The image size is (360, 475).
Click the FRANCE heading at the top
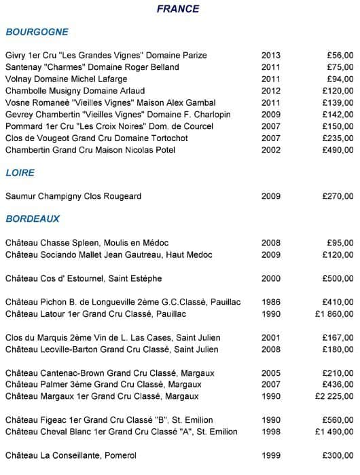[178, 9]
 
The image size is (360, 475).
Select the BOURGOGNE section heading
[37, 32]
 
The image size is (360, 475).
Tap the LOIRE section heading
[20, 173]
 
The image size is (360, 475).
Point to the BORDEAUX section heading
[33, 219]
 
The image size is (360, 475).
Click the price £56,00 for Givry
[339, 56]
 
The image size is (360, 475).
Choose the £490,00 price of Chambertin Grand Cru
[337, 150]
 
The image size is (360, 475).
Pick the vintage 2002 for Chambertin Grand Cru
[270, 150]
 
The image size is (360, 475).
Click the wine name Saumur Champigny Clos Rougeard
[73, 196]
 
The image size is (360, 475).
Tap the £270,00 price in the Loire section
[337, 196]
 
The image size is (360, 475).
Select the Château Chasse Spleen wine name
[87, 243]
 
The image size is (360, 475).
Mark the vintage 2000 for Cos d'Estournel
[270, 279]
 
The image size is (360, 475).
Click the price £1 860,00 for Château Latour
[334, 314]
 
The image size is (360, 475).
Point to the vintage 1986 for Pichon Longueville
[270, 302]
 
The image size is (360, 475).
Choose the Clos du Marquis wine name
[113, 338]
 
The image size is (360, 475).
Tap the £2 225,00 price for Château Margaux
[334, 396]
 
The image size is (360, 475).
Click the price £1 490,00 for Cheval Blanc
[334, 432]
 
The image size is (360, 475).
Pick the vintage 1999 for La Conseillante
[270, 455]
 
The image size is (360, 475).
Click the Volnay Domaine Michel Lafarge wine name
[68, 79]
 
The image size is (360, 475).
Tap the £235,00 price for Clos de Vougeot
[337, 138]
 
